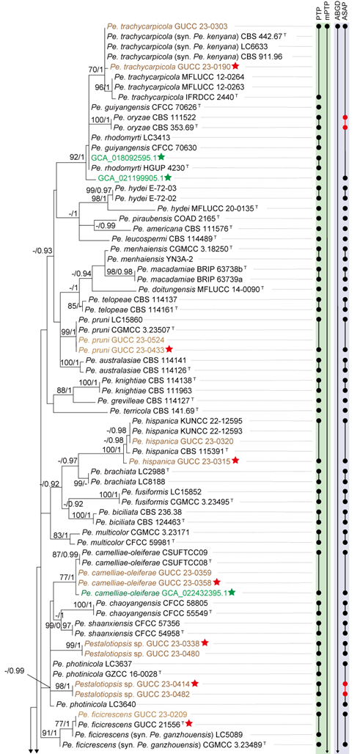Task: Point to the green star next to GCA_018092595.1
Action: (161, 157)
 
